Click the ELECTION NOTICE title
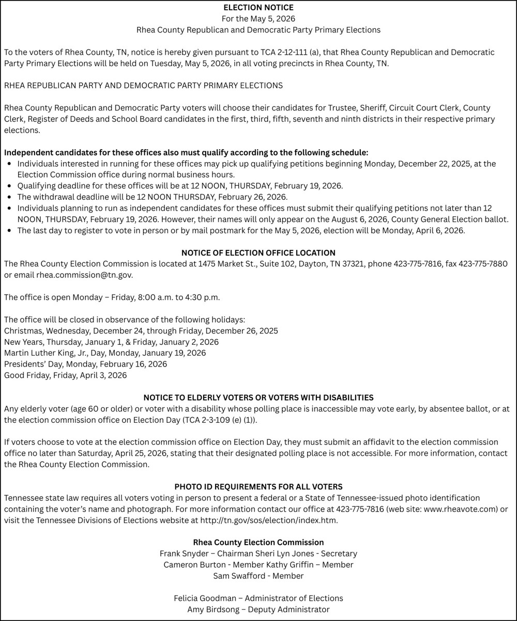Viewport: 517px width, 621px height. (258, 8)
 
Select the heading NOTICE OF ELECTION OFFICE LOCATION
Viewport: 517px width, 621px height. (258, 253)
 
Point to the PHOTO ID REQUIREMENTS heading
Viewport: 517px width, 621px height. (258, 487)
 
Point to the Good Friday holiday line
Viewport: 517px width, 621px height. (65, 375)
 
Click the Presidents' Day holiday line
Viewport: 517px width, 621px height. (85, 364)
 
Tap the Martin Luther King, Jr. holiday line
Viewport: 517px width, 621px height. (105, 353)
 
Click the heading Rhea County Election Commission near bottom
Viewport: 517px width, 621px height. (258, 543)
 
